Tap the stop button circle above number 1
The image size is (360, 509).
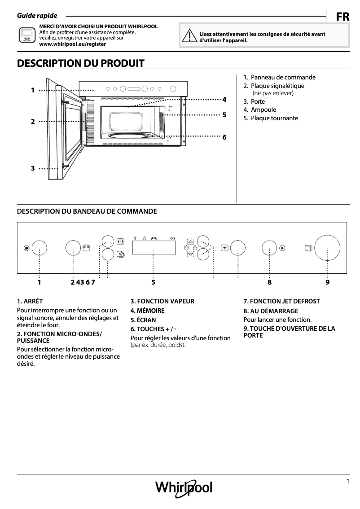(40, 248)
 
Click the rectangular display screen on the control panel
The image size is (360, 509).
(153, 248)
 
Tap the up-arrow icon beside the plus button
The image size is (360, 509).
(190, 241)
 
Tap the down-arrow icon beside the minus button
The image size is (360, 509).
(190, 254)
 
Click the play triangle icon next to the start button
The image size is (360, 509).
(282, 247)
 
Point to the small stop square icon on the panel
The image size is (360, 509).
(26, 248)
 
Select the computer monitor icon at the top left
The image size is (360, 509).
(26, 35)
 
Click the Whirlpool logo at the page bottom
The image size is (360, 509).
(184, 487)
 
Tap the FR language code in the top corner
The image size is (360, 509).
(342, 17)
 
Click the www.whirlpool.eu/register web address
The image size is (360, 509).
(73, 44)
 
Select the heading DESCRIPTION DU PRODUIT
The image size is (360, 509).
(80, 63)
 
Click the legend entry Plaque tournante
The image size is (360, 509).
(274, 118)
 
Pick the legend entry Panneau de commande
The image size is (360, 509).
(283, 77)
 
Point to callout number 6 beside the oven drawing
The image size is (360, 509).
(224, 136)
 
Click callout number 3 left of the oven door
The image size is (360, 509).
(33, 168)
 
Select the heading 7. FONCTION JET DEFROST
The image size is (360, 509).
(288, 301)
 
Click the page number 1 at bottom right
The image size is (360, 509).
(347, 481)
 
